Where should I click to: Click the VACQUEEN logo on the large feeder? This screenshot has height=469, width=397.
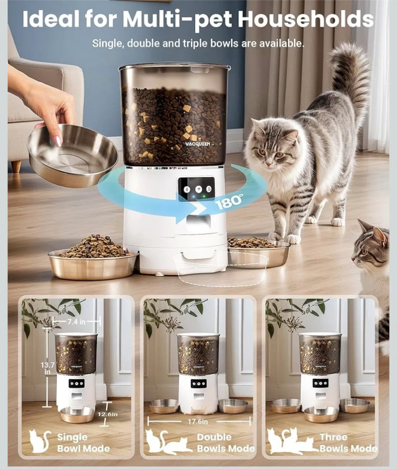click(x=198, y=144)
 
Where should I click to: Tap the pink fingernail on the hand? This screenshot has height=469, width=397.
click(x=59, y=140)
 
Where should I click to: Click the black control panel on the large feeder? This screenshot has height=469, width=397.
click(x=196, y=189)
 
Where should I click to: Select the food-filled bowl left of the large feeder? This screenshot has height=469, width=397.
click(x=93, y=259)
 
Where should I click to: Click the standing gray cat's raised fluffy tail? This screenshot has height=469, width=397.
click(x=350, y=75)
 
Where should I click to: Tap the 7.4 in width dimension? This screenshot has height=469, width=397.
click(x=76, y=322)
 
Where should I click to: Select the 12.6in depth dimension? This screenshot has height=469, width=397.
click(x=107, y=414)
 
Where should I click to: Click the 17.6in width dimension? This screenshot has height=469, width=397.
click(x=198, y=422)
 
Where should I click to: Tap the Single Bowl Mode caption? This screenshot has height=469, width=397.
click(x=83, y=443)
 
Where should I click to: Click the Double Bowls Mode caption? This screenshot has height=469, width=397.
click(x=225, y=443)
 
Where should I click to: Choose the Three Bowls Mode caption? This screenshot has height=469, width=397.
click(x=348, y=443)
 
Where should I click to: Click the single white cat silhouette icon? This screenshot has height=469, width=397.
click(x=40, y=442)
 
